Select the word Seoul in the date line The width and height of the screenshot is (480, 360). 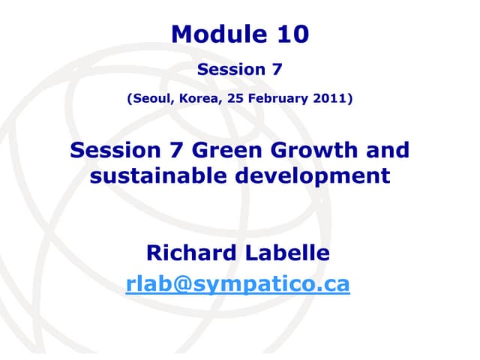tap(150, 98)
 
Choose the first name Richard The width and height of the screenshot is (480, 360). tap(190, 253)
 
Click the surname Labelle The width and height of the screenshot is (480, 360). tap(289, 253)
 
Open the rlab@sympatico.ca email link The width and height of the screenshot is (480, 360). tap(238, 285)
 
